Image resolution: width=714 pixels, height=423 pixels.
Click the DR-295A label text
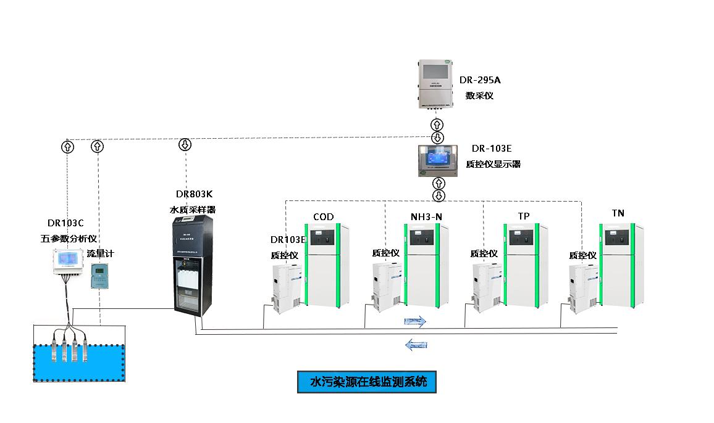[x=479, y=80]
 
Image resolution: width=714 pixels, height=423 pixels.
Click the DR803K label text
[x=194, y=194]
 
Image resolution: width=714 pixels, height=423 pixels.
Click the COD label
[x=323, y=217]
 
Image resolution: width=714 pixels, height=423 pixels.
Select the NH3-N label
[x=427, y=217]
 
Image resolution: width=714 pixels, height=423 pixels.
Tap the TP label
[x=524, y=216]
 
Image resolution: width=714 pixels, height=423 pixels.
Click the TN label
[x=618, y=213]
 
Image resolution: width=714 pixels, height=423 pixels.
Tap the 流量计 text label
[x=100, y=253]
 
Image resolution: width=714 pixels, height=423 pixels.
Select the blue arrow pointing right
[x=415, y=321]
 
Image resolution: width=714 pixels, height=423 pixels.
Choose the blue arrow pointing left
[x=417, y=344]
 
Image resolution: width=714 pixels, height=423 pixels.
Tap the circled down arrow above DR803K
[x=185, y=145]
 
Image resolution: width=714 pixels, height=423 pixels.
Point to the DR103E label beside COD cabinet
[x=288, y=239]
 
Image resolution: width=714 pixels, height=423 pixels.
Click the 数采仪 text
[x=479, y=96]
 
